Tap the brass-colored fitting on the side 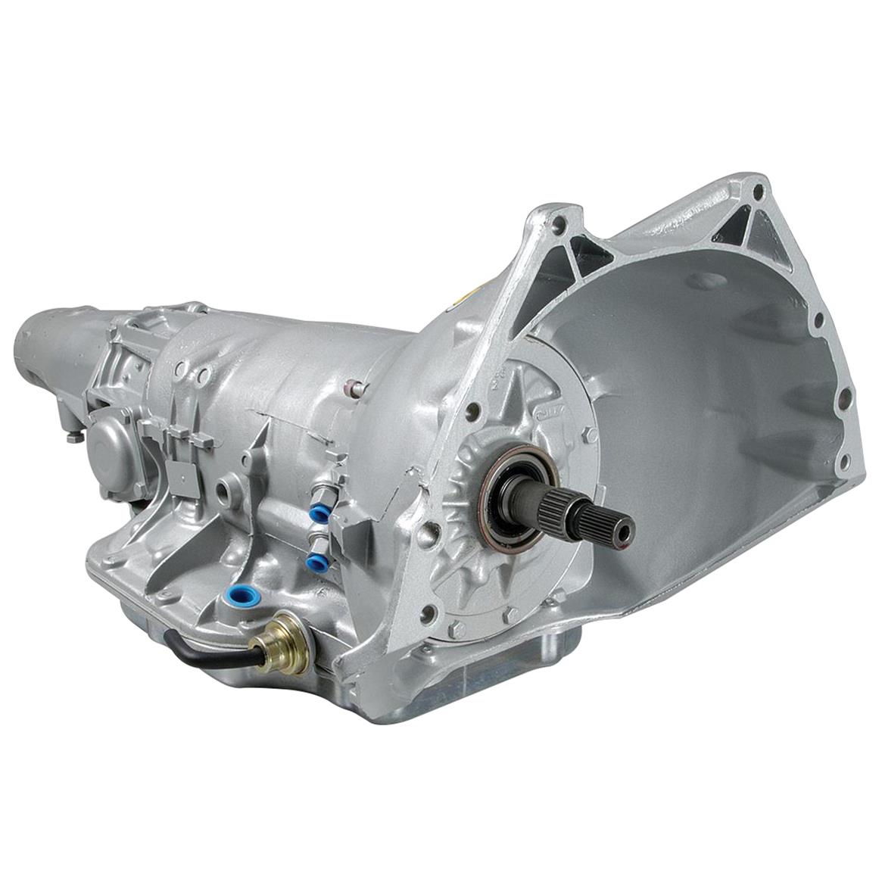pyautogui.click(x=285, y=642)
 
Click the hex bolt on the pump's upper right pyautogui.click(x=587, y=435)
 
